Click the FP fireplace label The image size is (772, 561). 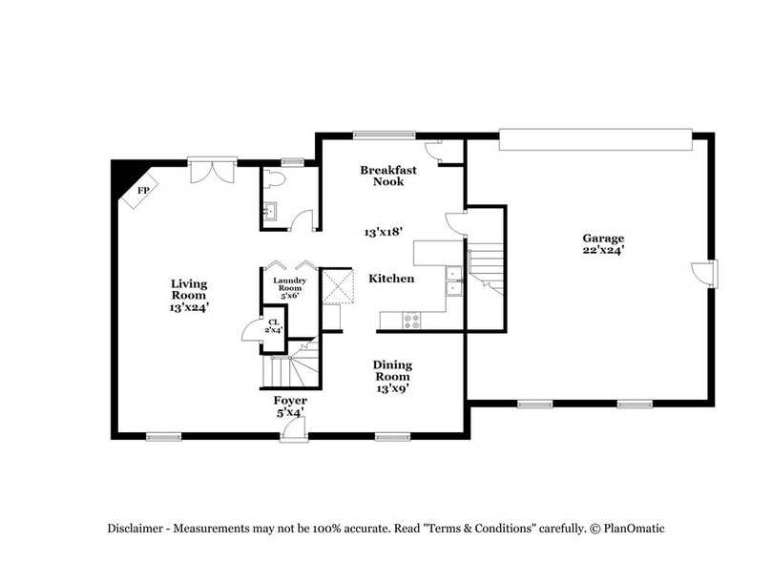(143, 191)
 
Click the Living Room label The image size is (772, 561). (189, 295)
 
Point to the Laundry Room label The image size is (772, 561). (288, 286)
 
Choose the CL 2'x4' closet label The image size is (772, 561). (274, 326)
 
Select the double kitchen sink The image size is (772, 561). (454, 280)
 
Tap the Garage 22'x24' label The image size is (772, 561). (604, 244)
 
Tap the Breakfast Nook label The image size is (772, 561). (387, 176)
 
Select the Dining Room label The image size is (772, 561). (392, 376)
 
